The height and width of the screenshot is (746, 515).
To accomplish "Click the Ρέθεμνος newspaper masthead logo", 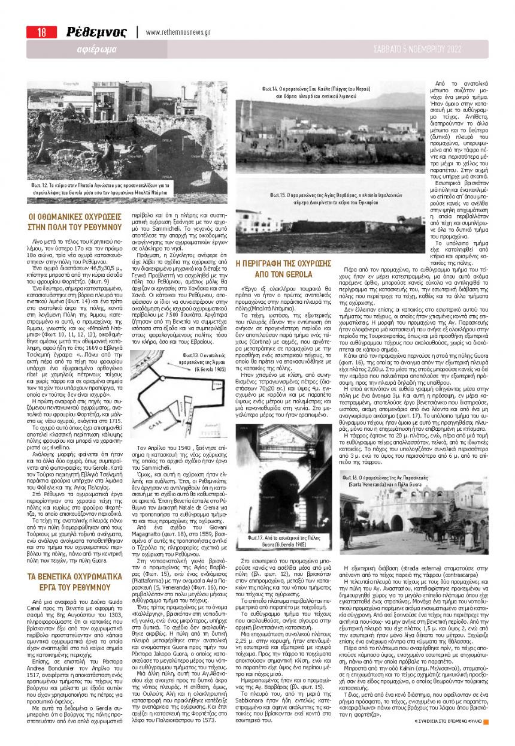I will pyautogui.click(x=96, y=32).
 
